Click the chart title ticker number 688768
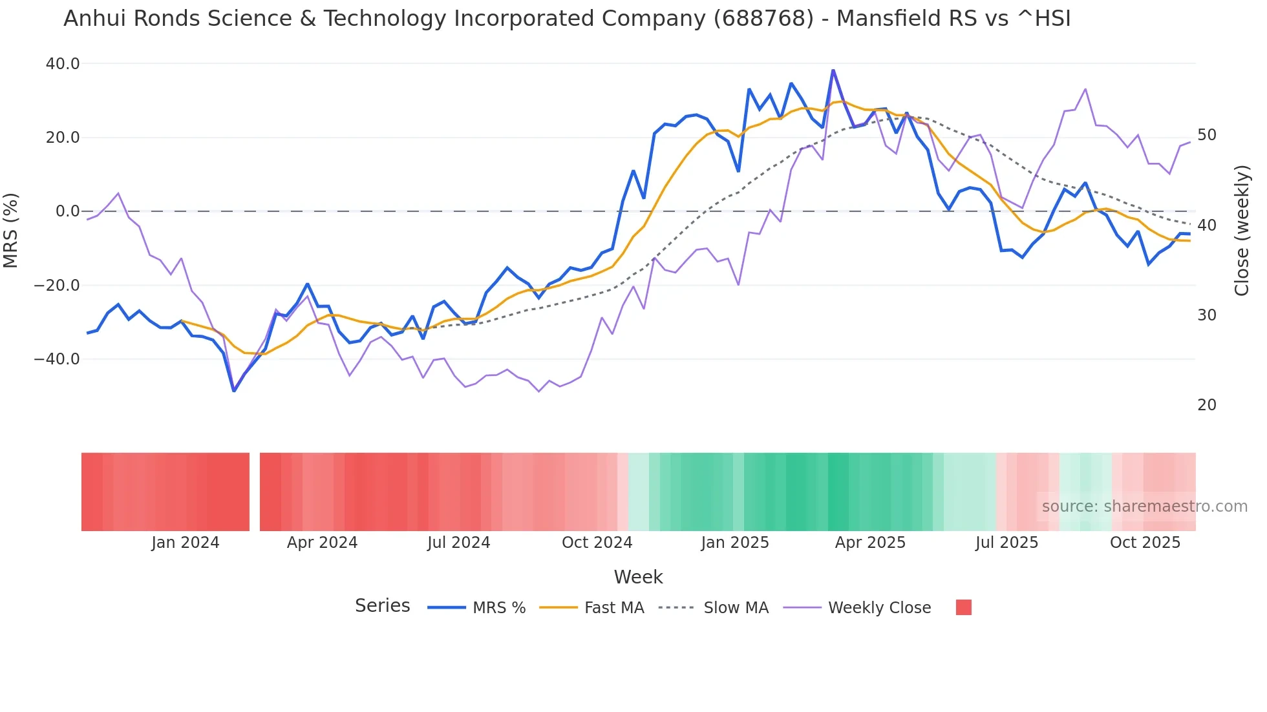[763, 19]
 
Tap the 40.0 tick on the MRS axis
[63, 64]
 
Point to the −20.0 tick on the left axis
[57, 286]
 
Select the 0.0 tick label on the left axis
[67, 211]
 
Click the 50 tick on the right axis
[1207, 135]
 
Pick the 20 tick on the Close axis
[1207, 405]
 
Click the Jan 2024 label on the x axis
[186, 543]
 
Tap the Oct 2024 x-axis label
[597, 543]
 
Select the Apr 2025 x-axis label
[870, 543]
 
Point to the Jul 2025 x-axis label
[1006, 543]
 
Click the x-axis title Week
[638, 577]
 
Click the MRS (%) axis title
[11, 231]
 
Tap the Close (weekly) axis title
[1241, 231]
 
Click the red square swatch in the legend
[963, 607]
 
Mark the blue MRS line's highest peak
[833, 70]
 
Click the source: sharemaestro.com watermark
[1144, 507]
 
